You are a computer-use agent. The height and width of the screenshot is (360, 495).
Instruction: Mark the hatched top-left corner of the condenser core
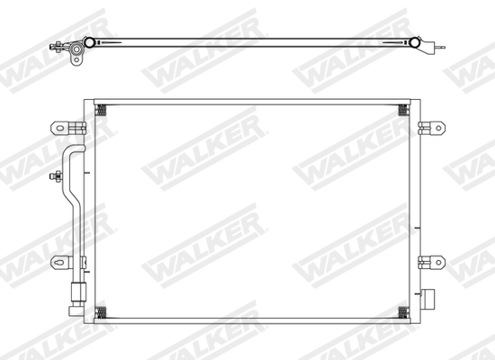tap(100, 110)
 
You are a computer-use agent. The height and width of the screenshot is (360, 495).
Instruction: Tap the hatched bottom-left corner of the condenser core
tap(100, 312)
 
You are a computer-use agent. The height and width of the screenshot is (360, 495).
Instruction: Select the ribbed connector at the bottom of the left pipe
tap(77, 292)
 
